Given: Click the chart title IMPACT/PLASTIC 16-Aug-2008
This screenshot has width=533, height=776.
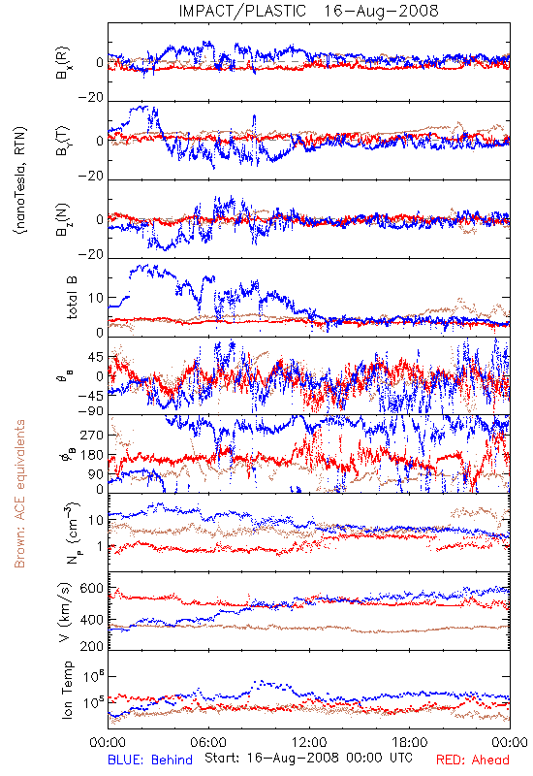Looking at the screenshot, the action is tap(308, 11).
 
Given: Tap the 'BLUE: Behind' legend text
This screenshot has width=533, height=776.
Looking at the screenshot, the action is tap(150, 760).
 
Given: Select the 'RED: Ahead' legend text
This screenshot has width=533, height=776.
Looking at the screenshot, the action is tap(473, 760).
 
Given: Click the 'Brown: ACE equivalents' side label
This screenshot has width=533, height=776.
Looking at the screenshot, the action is tap(19, 494).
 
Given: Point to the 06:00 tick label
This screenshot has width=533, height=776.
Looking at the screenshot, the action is tap(208, 742).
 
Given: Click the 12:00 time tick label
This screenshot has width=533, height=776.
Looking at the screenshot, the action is tap(309, 742).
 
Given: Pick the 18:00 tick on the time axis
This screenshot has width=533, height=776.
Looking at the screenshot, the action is tap(410, 742).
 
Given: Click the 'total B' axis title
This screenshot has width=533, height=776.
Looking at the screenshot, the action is tap(72, 298).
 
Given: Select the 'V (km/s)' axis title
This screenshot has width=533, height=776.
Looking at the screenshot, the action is tap(65, 612).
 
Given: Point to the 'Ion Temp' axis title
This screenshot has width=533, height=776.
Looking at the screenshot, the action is tap(67, 690).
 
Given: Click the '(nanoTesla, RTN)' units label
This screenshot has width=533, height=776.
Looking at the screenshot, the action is tap(20, 180).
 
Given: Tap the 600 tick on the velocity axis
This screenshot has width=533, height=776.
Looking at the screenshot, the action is tap(92, 589).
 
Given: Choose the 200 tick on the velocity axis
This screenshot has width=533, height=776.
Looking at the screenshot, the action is tap(92, 646).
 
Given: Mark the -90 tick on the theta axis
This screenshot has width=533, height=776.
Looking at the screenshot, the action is tap(90, 410).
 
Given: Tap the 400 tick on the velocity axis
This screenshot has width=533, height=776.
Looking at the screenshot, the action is tap(92, 620).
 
